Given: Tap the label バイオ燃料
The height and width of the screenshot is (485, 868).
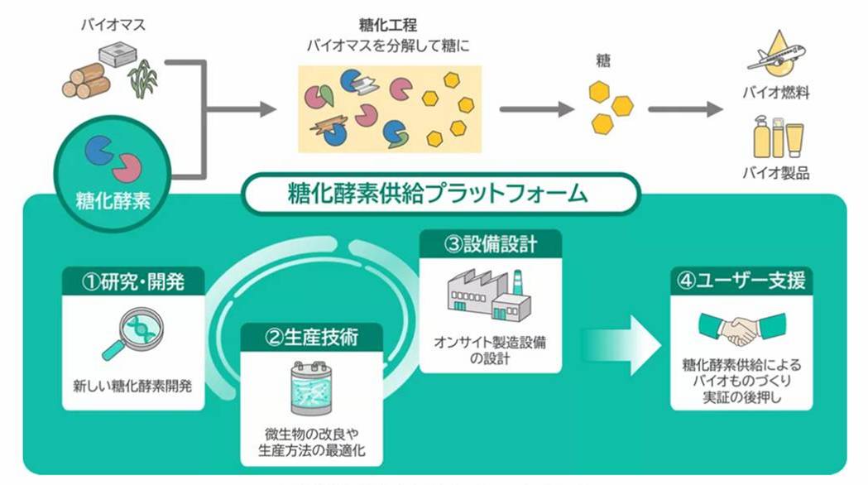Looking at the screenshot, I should [x=775, y=94].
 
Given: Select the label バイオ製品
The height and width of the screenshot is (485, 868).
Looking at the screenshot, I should [x=775, y=172].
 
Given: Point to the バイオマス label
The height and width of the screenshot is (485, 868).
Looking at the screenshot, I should [x=113, y=25].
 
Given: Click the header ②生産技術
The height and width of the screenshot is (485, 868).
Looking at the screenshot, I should [x=311, y=338].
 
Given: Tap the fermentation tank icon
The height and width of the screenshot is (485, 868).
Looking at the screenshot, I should [x=311, y=387].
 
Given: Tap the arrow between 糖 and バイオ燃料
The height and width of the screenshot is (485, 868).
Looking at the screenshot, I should [x=686, y=108].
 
